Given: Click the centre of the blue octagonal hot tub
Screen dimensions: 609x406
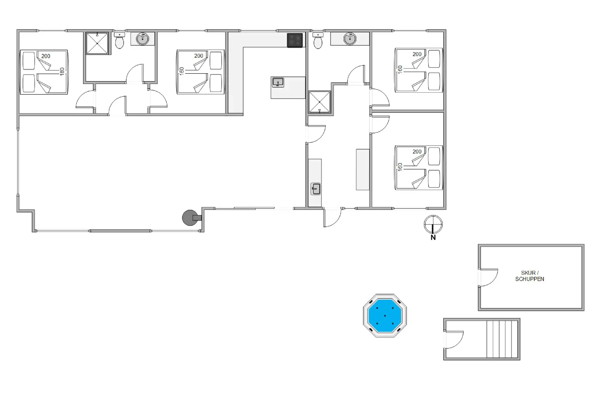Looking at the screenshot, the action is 385,316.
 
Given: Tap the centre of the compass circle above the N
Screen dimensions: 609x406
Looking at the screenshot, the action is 433,224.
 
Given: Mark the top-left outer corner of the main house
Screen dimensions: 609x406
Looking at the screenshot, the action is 17,30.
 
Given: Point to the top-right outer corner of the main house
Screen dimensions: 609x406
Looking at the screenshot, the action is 446,30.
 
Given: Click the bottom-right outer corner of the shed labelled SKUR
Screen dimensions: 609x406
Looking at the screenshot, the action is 584,310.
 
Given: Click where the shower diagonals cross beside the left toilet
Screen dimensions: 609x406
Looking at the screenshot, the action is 97,43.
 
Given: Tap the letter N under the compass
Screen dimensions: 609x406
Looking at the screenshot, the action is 433,238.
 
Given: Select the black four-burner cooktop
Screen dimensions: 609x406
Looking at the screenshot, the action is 295,40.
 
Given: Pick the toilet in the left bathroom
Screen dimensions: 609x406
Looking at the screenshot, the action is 120,40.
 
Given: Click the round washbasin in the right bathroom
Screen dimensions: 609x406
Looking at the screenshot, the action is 350,39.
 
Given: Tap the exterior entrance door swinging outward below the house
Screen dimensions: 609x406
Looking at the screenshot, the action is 332,217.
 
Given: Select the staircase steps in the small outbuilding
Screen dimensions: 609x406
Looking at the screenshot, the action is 502,339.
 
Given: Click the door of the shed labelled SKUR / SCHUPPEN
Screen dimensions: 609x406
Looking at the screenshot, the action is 488,278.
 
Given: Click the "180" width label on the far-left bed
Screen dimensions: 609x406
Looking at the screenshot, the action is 62,71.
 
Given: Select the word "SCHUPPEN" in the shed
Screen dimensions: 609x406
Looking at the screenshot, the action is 530,279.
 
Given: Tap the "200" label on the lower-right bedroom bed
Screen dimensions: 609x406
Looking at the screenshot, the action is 417,152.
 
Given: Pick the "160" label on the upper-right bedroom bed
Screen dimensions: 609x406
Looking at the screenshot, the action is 400,69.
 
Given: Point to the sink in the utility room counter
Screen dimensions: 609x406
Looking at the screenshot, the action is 316,189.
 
